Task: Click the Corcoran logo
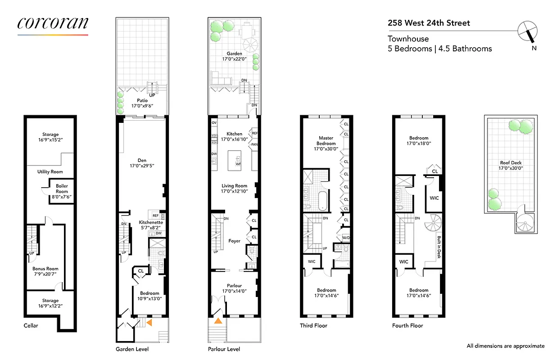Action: [53, 23]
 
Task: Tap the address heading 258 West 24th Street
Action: [429, 23]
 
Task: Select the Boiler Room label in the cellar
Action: [62, 189]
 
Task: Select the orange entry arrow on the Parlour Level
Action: [218, 321]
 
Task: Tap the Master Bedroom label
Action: [326, 141]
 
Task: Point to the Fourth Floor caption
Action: [408, 325]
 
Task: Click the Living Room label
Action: [234, 189]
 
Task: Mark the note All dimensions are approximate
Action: [505, 346]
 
